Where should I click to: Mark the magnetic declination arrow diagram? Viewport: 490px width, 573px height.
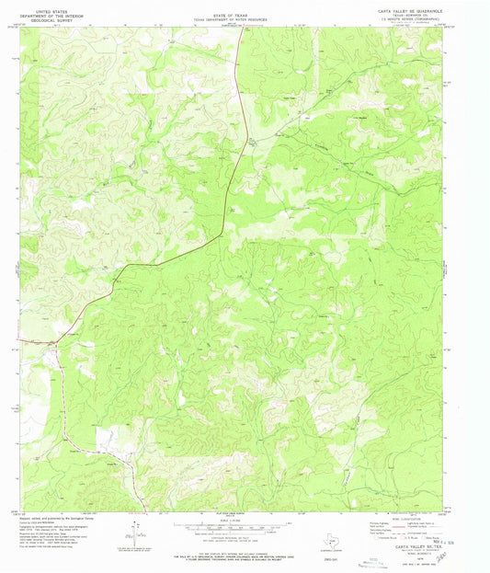tap(137, 533)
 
